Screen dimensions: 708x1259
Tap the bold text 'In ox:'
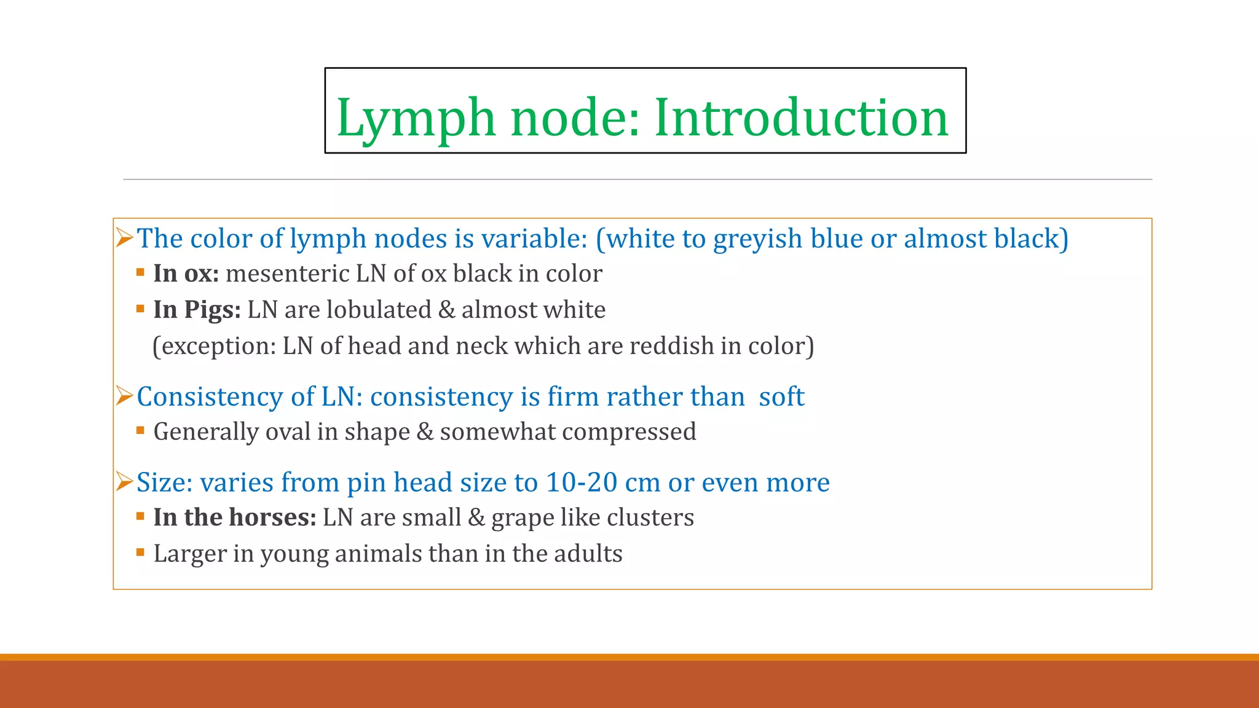coord(186,273)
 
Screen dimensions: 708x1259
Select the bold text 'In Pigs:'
coord(197,310)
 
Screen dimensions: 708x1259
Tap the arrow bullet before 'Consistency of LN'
coord(124,396)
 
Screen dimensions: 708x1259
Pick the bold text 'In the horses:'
coord(234,517)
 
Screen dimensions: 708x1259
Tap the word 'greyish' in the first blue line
coord(757,238)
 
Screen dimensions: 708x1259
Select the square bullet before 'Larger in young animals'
coord(140,553)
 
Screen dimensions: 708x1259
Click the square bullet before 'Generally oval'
coord(140,431)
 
